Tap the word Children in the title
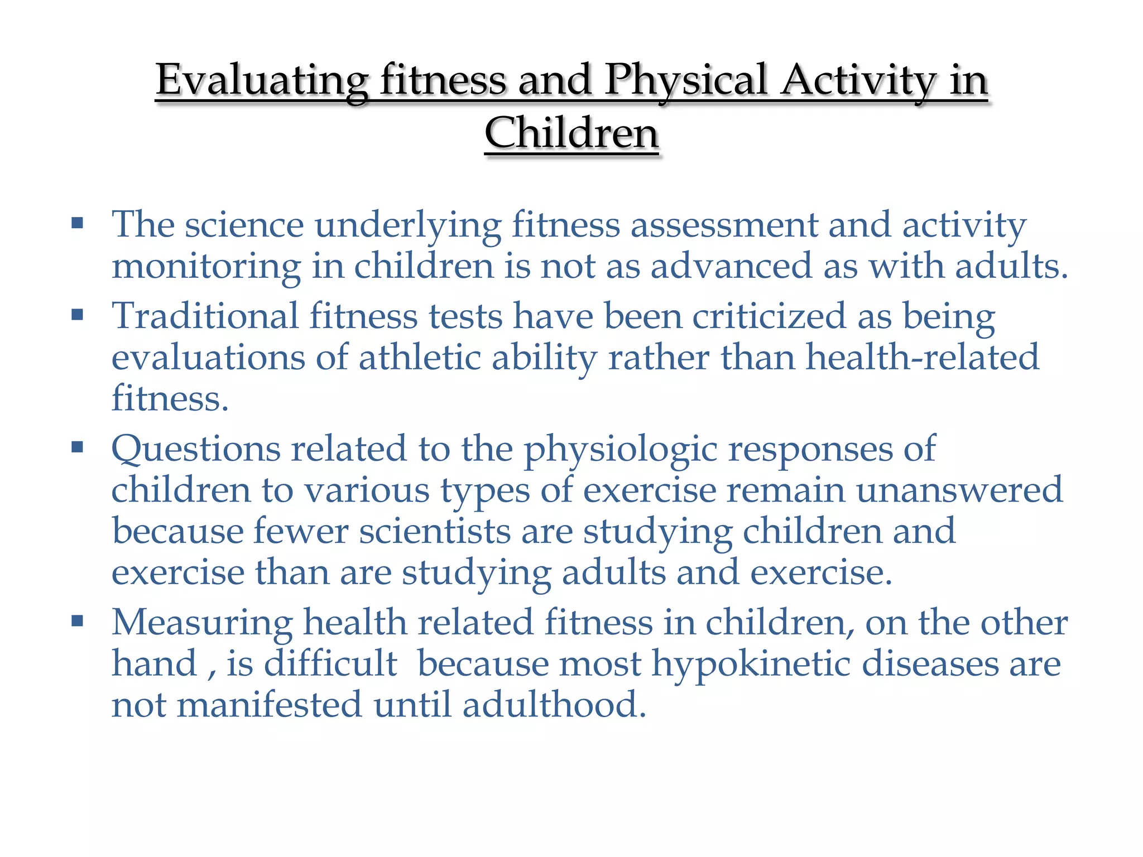coord(571,134)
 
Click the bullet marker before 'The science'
coord(77,224)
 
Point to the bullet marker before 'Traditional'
coord(77,315)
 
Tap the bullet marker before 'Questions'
coord(77,447)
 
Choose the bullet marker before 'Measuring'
coord(77,620)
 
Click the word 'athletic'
coord(420,357)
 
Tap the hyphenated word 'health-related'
coord(923,357)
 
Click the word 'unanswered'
coord(959,490)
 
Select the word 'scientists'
coord(435,531)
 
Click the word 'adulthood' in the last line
coord(550,705)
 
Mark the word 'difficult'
coord(330,663)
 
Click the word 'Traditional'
coord(205,316)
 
